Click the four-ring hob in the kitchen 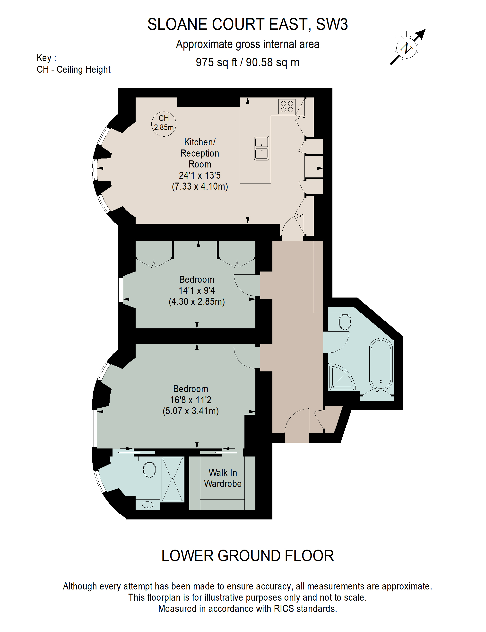click(287, 106)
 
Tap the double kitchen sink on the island click(261, 148)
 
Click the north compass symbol click(407, 48)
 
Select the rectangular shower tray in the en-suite click(173, 479)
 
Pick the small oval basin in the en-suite click(148, 505)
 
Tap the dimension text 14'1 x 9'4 click(197, 290)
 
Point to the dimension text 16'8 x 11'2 click(191, 400)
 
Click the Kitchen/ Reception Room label click(200, 153)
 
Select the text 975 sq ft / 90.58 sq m click(247, 62)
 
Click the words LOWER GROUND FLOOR click(247, 556)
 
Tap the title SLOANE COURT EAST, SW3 click(247, 24)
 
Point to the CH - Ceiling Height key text click(73, 70)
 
